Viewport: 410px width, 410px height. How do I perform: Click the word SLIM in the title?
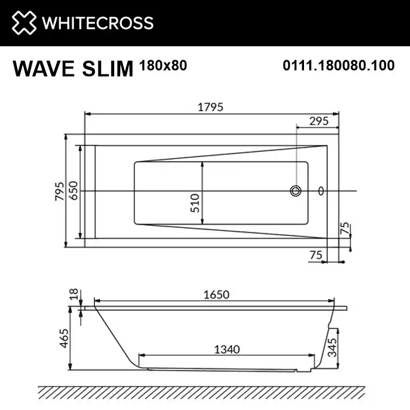[x=110, y=69]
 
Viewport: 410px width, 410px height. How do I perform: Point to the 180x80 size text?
[x=163, y=66]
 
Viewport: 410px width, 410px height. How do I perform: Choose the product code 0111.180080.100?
[x=338, y=66]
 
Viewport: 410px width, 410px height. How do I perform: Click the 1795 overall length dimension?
[x=212, y=107]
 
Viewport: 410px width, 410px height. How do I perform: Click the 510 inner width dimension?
[x=196, y=203]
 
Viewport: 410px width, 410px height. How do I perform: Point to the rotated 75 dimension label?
[x=345, y=228]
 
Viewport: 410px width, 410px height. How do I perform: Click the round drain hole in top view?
[x=296, y=191]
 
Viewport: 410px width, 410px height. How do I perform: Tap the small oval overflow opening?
[x=320, y=191]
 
